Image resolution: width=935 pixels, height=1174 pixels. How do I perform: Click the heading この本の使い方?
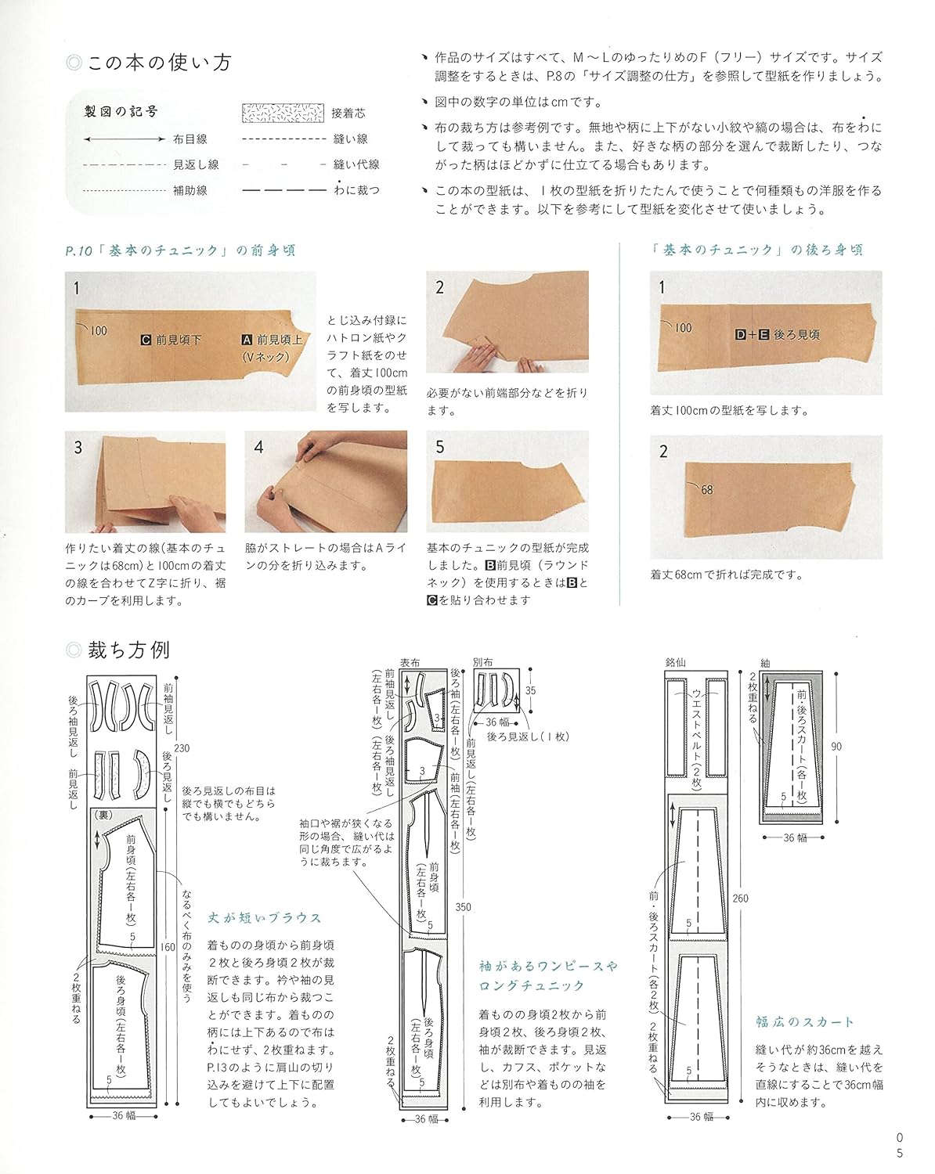coord(159,63)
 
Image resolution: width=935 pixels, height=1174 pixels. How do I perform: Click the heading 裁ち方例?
coord(128,650)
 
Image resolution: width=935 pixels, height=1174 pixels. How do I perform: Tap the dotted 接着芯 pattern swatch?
coord(282,113)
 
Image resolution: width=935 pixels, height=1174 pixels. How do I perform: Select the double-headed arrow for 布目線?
coord(124,139)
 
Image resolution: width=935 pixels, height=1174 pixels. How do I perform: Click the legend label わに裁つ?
coord(356,190)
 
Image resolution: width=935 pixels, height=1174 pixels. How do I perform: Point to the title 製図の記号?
coord(121,112)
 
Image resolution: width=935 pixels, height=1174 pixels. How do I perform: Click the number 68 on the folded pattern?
coord(706,490)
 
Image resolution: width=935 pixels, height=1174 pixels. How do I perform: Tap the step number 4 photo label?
coord(259,448)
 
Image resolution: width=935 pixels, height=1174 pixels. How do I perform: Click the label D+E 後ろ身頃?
coord(777,334)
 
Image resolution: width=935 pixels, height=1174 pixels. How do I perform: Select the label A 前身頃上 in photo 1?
coord(269,340)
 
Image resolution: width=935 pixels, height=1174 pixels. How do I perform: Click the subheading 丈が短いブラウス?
coord(265,918)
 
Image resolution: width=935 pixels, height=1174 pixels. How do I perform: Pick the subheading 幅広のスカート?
coord(805,1021)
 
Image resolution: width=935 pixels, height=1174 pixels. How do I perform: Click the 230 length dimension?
coord(182,747)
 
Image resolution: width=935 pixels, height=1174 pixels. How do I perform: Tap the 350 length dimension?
coord(463,907)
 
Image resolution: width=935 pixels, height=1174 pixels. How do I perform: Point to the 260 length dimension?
coord(740,898)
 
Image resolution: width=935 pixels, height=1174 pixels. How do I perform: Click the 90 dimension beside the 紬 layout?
coord(836,747)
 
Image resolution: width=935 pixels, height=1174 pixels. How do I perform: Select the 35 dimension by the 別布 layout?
coord(531,690)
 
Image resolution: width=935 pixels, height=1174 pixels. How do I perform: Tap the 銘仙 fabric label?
coord(676,662)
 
